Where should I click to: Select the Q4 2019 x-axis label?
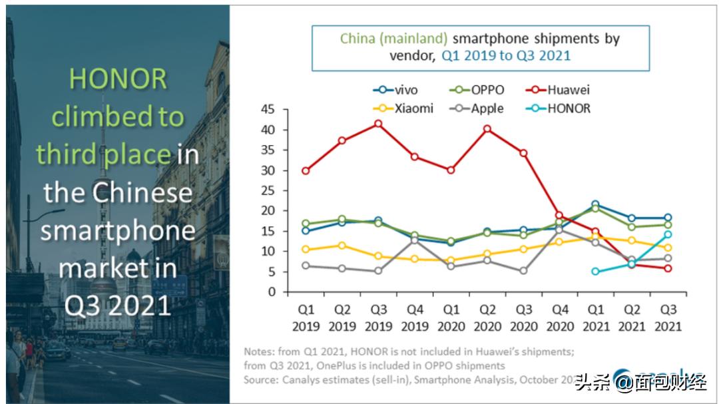pos(415,319)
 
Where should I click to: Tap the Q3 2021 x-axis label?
pos(668,319)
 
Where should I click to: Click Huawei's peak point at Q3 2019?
pos(378,124)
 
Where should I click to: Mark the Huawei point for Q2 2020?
pos(487,128)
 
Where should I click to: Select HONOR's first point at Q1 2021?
pos(595,272)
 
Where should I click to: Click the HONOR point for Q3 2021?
pos(668,234)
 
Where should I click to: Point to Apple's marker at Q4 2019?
pos(414,240)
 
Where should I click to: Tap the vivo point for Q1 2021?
pos(595,204)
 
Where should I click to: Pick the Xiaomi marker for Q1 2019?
pos(306,250)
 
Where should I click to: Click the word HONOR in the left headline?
pos(117,79)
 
